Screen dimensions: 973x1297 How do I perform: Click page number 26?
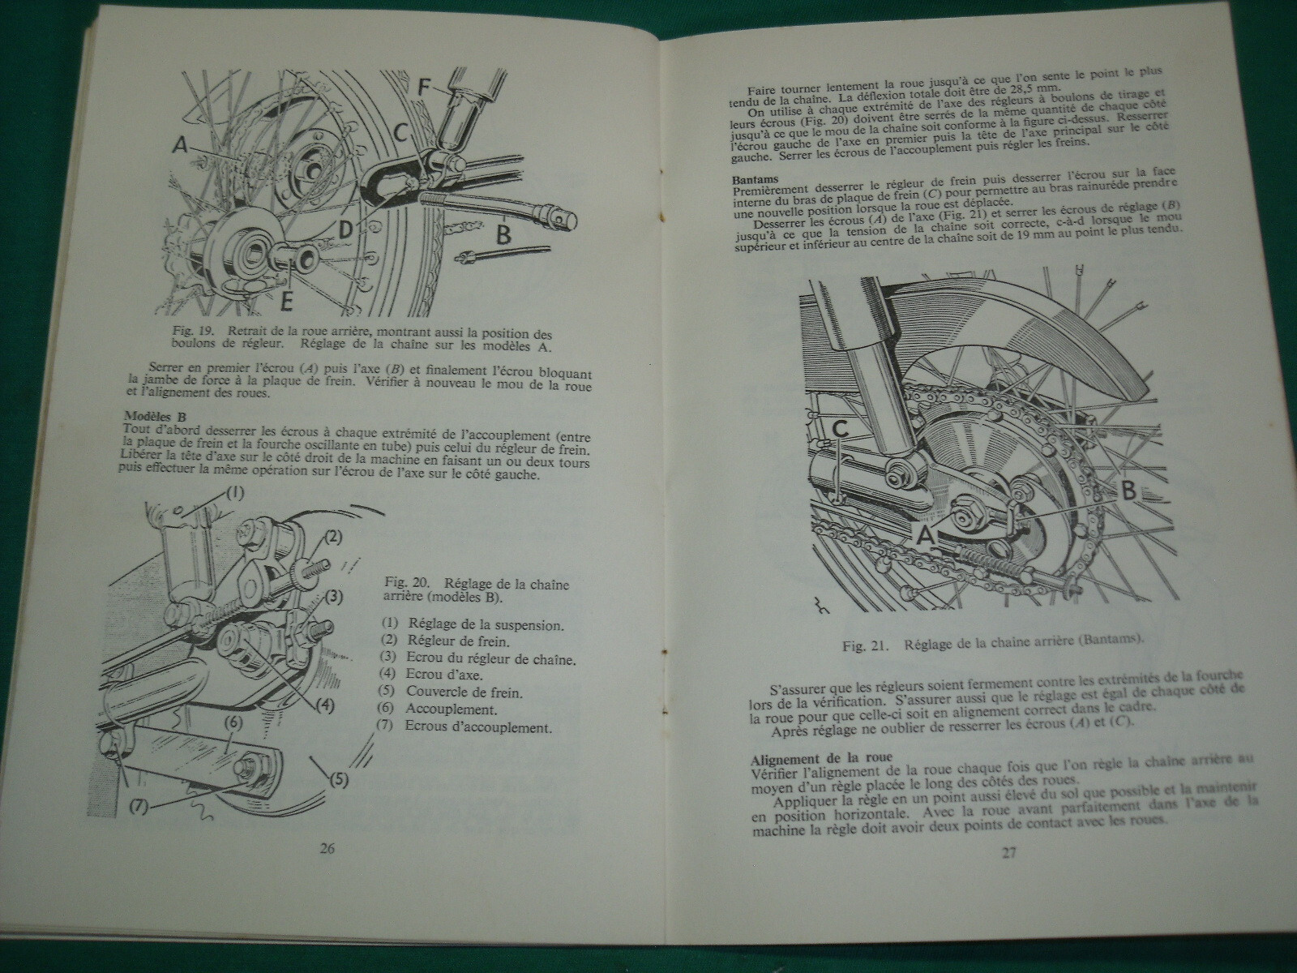327,850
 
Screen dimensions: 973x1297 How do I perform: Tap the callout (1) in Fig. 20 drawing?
233,492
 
